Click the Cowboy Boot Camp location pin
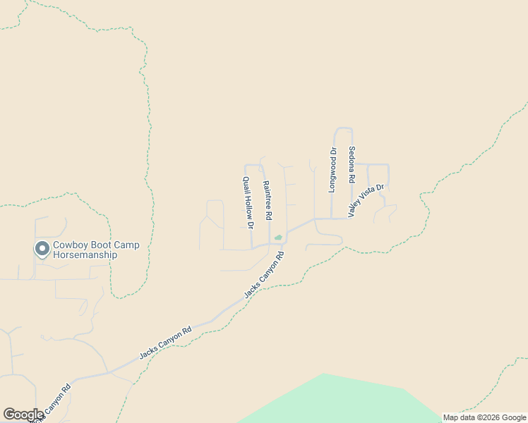42,249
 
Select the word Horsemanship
85,255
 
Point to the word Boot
103,245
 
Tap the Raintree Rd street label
267,201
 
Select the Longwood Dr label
332,170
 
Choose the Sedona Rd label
352,166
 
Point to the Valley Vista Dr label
366,200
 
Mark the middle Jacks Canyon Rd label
165,343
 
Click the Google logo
23,415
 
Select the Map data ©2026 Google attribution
484,417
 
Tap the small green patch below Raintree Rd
278,237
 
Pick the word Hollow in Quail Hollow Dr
247,202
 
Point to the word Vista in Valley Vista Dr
368,198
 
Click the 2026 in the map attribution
488,417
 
